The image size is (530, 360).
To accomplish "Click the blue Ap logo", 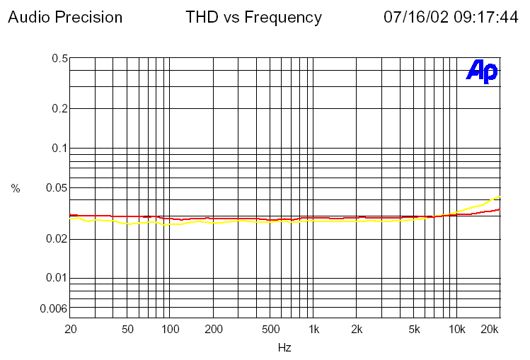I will [482, 71].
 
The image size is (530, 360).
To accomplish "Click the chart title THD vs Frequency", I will [253, 17].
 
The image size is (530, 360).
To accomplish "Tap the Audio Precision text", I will [65, 17].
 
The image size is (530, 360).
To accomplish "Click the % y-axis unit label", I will [16, 188].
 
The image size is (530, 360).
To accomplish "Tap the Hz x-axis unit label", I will [284, 348].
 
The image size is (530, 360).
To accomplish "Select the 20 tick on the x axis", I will [70, 330].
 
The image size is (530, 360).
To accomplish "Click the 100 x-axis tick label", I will [171, 330].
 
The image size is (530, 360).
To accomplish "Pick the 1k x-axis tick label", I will [314, 330].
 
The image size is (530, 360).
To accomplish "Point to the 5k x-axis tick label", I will [415, 330].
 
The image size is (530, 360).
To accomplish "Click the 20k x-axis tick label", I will [490, 330].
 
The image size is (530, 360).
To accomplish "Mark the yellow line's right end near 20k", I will [500, 197].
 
